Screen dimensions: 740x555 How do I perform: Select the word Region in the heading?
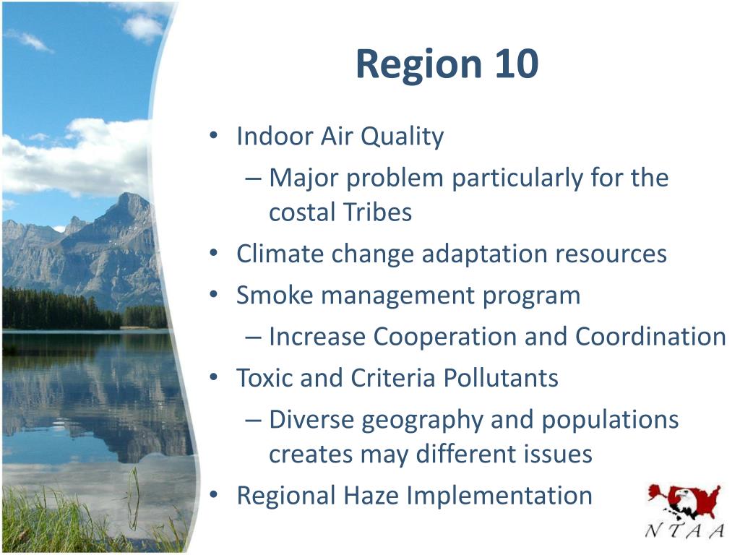click(x=419, y=66)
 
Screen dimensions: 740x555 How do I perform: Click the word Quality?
click(x=403, y=137)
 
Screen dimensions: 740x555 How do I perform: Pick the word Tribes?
click(x=377, y=212)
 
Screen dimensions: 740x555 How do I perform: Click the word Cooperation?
click(x=445, y=337)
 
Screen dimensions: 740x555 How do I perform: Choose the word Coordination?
click(x=650, y=337)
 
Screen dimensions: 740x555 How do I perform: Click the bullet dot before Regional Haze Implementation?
click(x=214, y=495)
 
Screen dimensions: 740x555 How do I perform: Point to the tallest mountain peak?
click(x=128, y=194)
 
